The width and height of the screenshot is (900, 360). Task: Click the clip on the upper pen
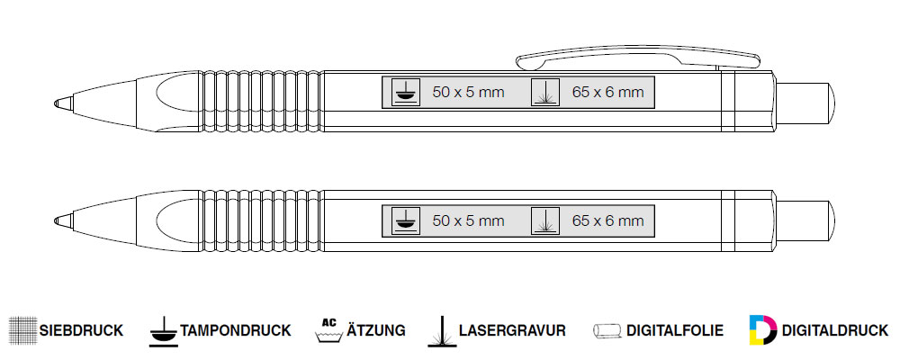(630, 60)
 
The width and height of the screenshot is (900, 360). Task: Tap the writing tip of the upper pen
(58, 102)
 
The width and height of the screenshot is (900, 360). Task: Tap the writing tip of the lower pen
(58, 219)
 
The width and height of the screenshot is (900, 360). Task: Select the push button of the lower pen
(804, 218)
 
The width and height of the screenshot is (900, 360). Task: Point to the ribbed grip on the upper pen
(262, 102)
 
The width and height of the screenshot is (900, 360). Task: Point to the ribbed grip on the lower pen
(262, 219)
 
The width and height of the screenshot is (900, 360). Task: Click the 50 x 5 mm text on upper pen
(468, 92)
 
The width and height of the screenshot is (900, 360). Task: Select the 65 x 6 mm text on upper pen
(607, 92)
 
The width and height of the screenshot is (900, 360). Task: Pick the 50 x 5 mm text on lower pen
(468, 220)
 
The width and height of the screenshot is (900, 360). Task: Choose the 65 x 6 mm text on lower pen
(607, 220)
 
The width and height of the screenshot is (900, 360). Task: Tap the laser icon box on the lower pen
(545, 220)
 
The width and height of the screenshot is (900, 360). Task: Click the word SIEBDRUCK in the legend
(81, 330)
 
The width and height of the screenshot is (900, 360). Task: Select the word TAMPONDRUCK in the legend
(236, 330)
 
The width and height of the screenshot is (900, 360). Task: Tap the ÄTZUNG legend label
(375, 330)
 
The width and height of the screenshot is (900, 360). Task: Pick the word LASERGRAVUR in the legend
(512, 330)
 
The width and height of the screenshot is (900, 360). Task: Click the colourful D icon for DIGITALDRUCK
(763, 330)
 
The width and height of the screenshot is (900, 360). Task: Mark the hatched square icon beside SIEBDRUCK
(22, 330)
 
